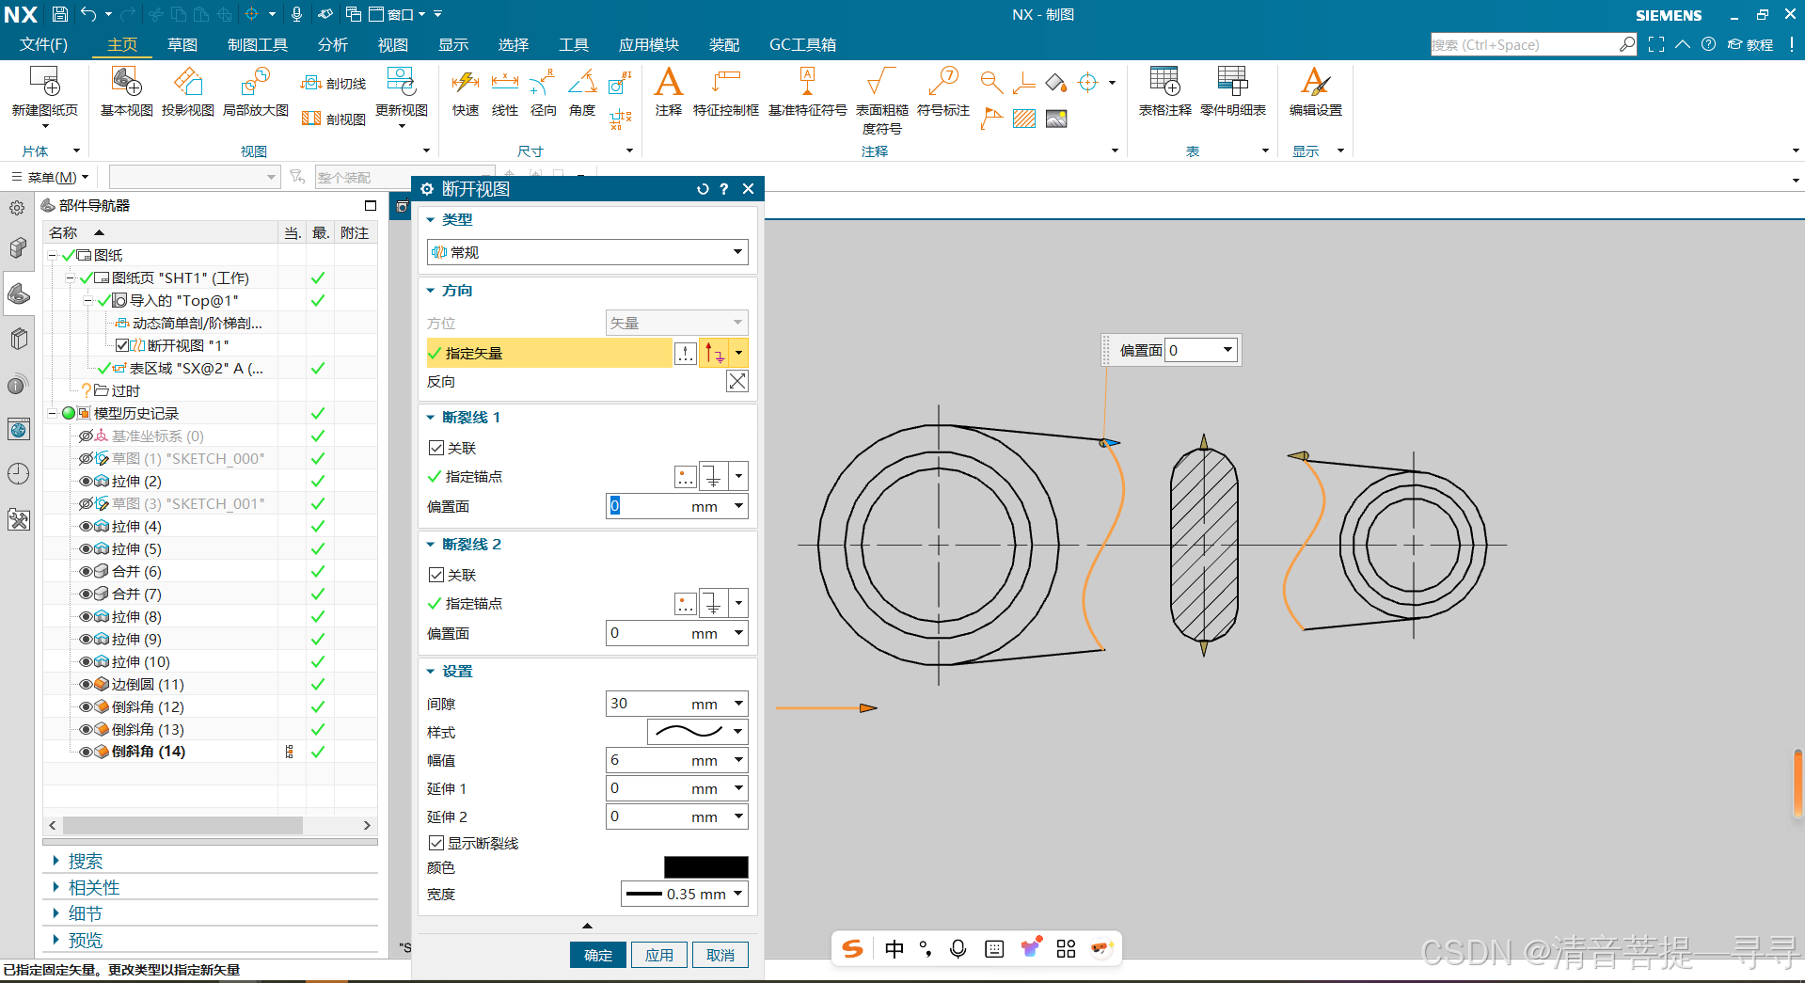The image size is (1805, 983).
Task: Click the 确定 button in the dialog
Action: (597, 955)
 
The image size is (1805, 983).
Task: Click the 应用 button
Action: (658, 955)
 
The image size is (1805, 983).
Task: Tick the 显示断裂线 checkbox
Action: (436, 843)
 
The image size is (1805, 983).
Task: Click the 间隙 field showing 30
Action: (649, 704)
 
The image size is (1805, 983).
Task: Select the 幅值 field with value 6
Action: (649, 760)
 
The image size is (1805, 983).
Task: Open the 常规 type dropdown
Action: (587, 252)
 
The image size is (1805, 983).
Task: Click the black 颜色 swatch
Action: (705, 867)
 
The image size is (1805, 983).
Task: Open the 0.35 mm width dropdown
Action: (684, 894)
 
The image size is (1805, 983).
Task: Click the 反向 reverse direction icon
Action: (736, 381)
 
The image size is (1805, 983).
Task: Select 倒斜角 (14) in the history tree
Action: (148, 752)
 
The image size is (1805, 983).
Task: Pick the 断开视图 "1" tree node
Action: (187, 345)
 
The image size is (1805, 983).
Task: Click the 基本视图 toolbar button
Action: (126, 91)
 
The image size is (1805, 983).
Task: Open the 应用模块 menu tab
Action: (648, 44)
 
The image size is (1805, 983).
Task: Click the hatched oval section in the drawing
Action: (1203, 545)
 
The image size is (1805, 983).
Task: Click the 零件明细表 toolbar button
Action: (1232, 91)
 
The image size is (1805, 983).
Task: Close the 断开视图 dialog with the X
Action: (748, 189)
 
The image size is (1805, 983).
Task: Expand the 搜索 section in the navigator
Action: (85, 861)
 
